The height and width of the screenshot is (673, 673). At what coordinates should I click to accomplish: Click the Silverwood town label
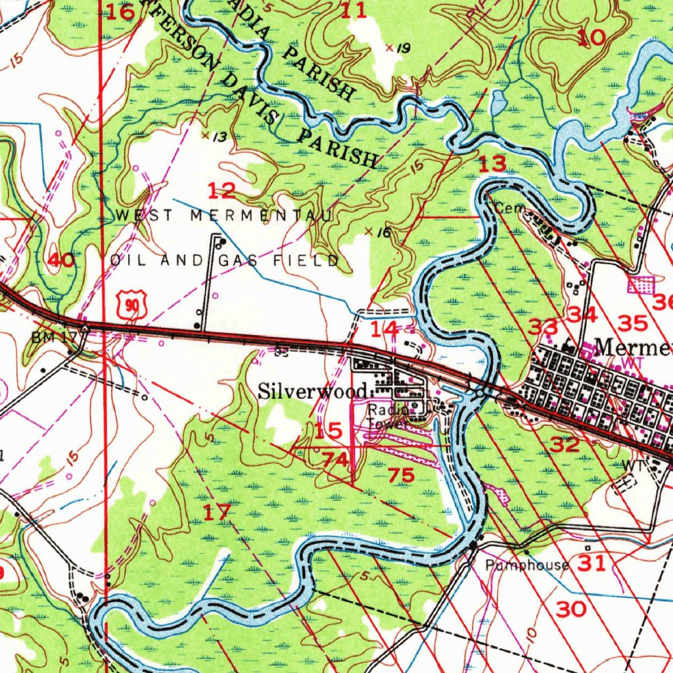click(x=312, y=392)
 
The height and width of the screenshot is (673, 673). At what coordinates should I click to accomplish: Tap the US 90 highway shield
click(x=132, y=306)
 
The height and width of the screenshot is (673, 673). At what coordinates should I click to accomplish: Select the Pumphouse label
click(x=527, y=565)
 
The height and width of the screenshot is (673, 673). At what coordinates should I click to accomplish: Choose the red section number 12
click(x=221, y=191)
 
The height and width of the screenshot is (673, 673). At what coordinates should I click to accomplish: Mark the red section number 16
click(x=120, y=11)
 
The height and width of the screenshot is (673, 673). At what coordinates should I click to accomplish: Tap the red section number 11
click(x=353, y=10)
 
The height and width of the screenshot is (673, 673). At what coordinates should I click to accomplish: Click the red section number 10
click(x=592, y=37)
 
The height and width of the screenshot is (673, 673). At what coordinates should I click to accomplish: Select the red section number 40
click(x=61, y=260)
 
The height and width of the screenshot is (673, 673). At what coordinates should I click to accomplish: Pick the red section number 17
click(x=216, y=512)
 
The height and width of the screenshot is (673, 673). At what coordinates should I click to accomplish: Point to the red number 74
click(x=335, y=460)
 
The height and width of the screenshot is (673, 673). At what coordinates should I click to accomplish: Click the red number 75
click(x=401, y=475)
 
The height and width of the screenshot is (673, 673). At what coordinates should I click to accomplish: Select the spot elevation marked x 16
click(x=378, y=232)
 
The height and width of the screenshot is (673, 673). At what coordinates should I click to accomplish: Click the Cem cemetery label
click(x=507, y=208)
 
